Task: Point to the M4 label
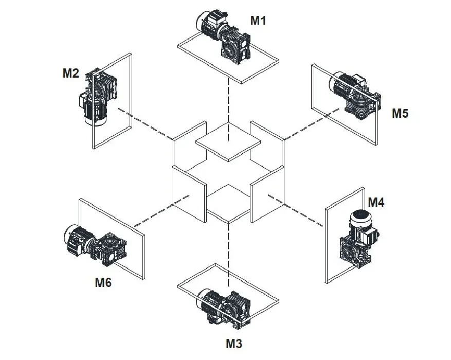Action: pyautogui.click(x=376, y=203)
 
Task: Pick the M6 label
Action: pyautogui.click(x=103, y=282)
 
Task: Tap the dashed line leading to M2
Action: pyautogui.click(x=147, y=124)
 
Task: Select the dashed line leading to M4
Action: pyautogui.click(x=303, y=212)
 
